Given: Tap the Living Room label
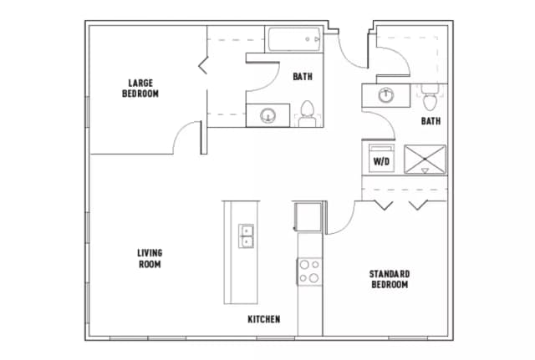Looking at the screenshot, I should click(x=150, y=258).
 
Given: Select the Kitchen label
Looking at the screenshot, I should click(x=263, y=319).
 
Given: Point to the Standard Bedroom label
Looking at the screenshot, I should click(x=389, y=279).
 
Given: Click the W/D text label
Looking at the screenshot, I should click(x=380, y=160).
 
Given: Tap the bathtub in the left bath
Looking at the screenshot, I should click(x=294, y=38).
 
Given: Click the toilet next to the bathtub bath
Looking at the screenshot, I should click(x=307, y=114).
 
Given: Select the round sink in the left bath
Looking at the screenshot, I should click(x=268, y=115).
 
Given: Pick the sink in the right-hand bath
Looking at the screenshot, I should click(x=386, y=94).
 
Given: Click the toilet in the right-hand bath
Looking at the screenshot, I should click(x=430, y=99).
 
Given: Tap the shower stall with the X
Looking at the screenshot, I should click(x=425, y=159).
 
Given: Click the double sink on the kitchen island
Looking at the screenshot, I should click(x=247, y=236).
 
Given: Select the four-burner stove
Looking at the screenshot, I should click(x=309, y=271).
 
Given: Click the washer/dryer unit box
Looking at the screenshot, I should click(x=380, y=158).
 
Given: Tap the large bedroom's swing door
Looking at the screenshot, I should click(x=188, y=136).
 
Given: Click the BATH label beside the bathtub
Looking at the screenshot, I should click(x=303, y=77).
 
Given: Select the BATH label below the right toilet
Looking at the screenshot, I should click(x=431, y=121).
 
